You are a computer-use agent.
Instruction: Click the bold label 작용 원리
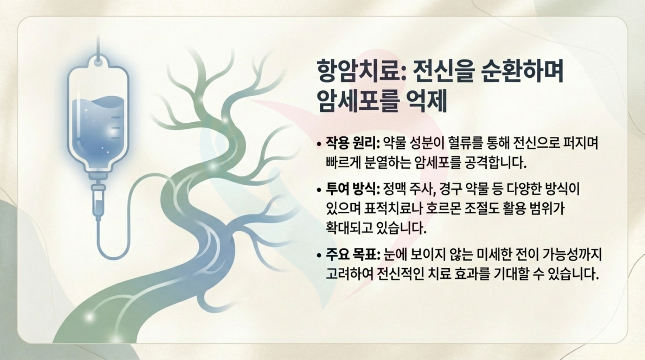[x=351, y=143]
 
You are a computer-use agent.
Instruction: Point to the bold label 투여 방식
[x=351, y=189]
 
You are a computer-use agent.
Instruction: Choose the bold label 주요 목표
[x=351, y=254]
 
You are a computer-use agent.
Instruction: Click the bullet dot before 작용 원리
[x=319, y=144]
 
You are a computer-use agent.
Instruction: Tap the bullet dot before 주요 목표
[x=319, y=255]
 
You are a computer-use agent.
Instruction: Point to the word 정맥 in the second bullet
[x=394, y=189]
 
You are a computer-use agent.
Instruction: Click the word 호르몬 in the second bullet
[x=443, y=209]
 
